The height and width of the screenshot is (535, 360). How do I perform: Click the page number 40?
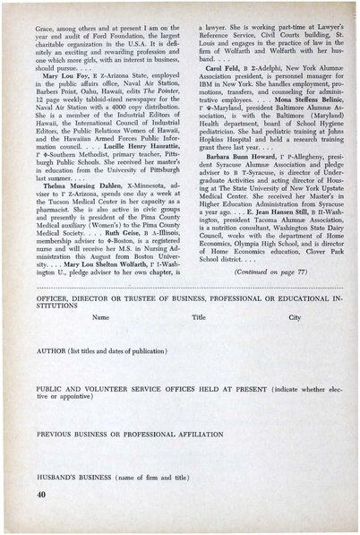tap(43, 494)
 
